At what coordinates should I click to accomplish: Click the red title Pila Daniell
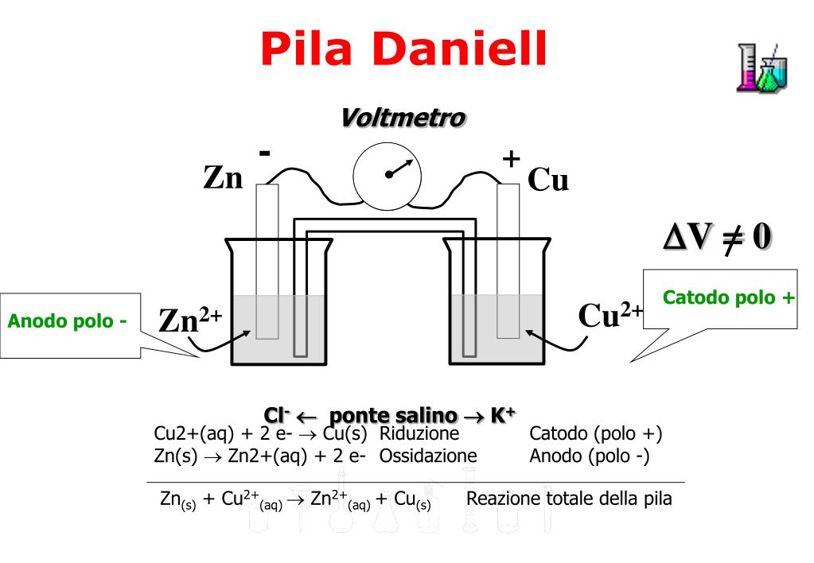pos(403,48)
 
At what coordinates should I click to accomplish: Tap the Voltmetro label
pos(403,118)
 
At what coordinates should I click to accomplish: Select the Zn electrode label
pos(223,177)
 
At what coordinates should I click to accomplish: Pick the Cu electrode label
pos(548,180)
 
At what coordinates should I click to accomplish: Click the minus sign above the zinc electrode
pos(265,153)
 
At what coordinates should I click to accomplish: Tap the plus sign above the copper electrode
pos(512,159)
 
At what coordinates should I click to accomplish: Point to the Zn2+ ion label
pos(190,320)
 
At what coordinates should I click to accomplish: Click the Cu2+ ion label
pos(610,314)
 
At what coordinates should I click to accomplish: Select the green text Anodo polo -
pos(67,321)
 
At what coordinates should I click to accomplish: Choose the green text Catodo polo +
pos(728,297)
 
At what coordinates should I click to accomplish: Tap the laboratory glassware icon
pos(761,68)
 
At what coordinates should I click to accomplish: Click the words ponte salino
pos(393,416)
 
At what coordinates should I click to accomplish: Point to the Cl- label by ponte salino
pos(277,415)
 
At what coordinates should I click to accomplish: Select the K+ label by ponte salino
pos(503,415)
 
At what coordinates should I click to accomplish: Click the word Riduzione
pos(419,433)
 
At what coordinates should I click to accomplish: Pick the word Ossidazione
pos(428,456)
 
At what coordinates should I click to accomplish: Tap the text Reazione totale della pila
pos(569,499)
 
